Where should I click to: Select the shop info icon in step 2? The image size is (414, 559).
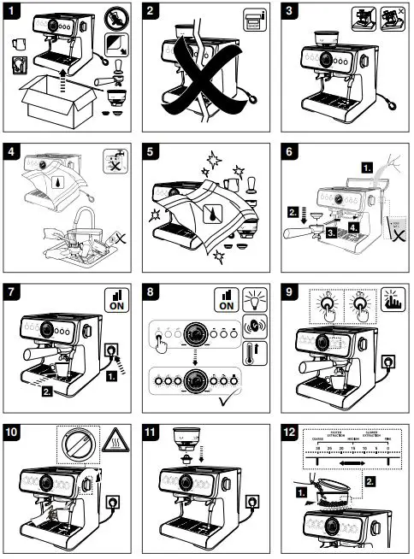[254, 21]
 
